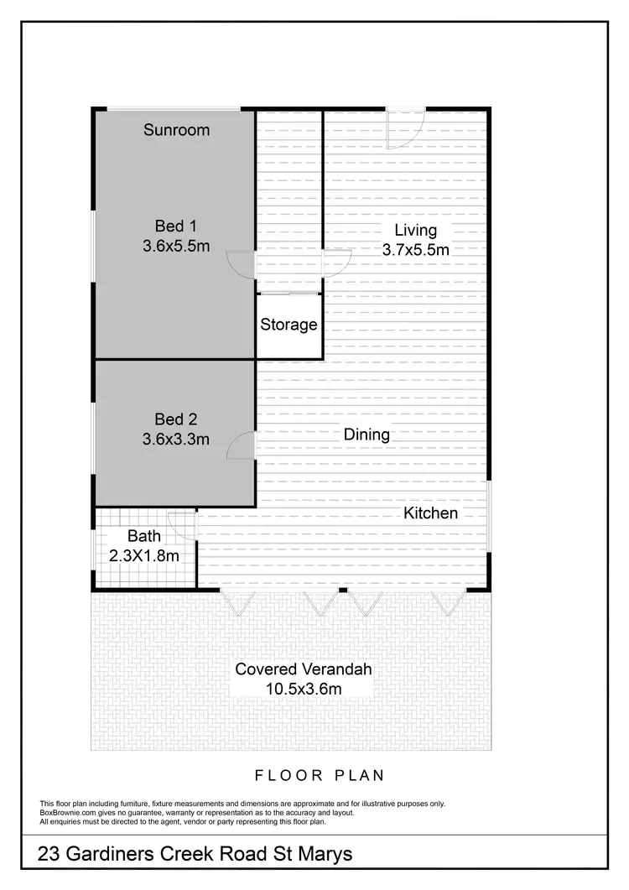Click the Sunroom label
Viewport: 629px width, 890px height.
(x=176, y=130)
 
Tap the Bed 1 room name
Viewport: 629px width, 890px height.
(x=176, y=226)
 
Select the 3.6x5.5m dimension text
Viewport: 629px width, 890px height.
(x=176, y=247)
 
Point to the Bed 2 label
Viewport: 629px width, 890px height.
(x=176, y=419)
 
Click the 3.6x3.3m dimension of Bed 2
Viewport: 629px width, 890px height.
(x=176, y=439)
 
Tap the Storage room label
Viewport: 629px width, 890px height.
(x=289, y=325)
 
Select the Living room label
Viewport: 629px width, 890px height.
(x=416, y=230)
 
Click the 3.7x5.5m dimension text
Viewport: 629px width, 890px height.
(x=416, y=250)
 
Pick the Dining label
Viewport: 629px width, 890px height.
(x=366, y=435)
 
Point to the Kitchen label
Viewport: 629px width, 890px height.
(x=431, y=513)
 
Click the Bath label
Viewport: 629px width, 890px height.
(x=143, y=536)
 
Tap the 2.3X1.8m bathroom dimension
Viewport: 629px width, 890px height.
(x=144, y=554)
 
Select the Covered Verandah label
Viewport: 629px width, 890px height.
(x=303, y=669)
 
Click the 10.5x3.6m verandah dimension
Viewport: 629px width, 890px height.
(x=303, y=689)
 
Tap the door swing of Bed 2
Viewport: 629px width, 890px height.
(x=241, y=444)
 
